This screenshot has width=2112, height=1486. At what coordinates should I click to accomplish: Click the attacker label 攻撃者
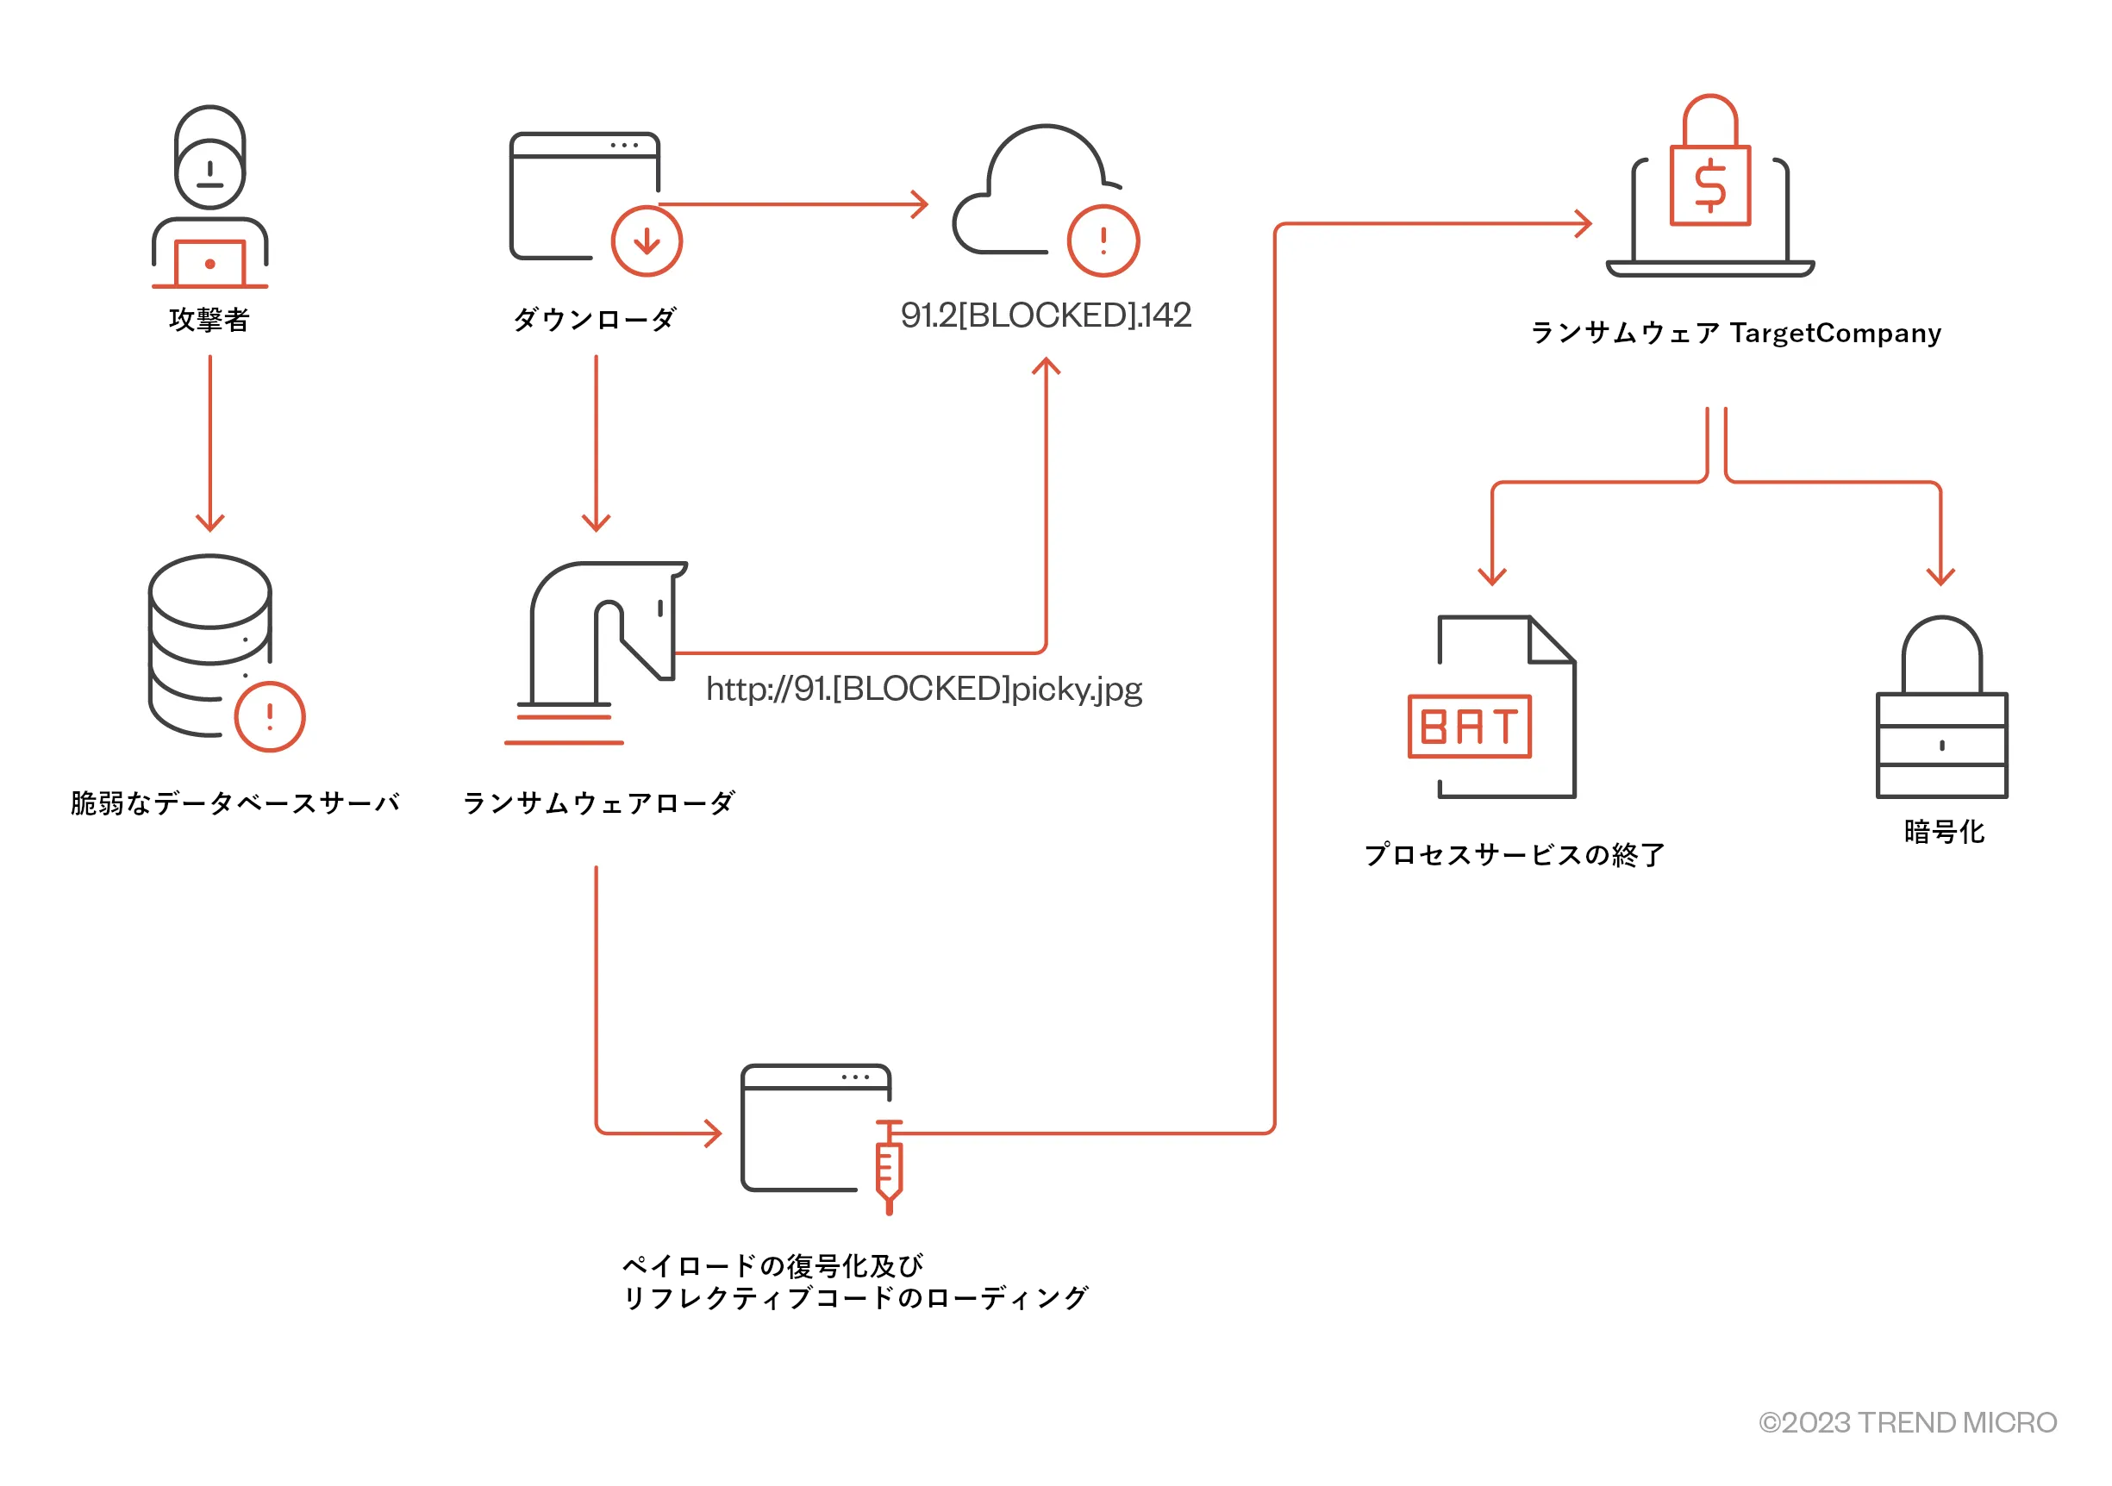(x=209, y=319)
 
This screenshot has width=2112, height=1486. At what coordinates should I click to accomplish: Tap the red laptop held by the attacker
(x=209, y=264)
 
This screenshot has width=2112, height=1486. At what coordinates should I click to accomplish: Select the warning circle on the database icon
(x=270, y=717)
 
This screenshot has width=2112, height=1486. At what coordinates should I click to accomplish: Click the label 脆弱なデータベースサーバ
(x=235, y=802)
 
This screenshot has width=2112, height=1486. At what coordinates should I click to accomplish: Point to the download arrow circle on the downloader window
(x=647, y=242)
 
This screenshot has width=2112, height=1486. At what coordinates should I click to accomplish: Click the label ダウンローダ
(x=595, y=319)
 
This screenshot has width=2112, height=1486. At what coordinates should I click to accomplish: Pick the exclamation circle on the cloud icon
(x=1103, y=241)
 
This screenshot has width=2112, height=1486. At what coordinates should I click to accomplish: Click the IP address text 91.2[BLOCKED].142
(x=1046, y=315)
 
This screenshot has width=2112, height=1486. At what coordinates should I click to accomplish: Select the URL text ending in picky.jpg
(x=923, y=689)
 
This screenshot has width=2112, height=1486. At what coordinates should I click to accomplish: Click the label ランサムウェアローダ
(x=599, y=802)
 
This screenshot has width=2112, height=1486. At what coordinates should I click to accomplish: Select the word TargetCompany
(x=1835, y=333)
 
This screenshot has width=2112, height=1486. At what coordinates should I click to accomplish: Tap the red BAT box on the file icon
(x=1469, y=727)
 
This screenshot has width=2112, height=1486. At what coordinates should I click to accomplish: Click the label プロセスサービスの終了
(x=1514, y=855)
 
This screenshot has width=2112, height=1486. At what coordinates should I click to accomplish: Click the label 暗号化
(x=1944, y=832)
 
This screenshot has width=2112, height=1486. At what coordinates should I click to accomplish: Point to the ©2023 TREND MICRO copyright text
(x=1907, y=1422)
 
